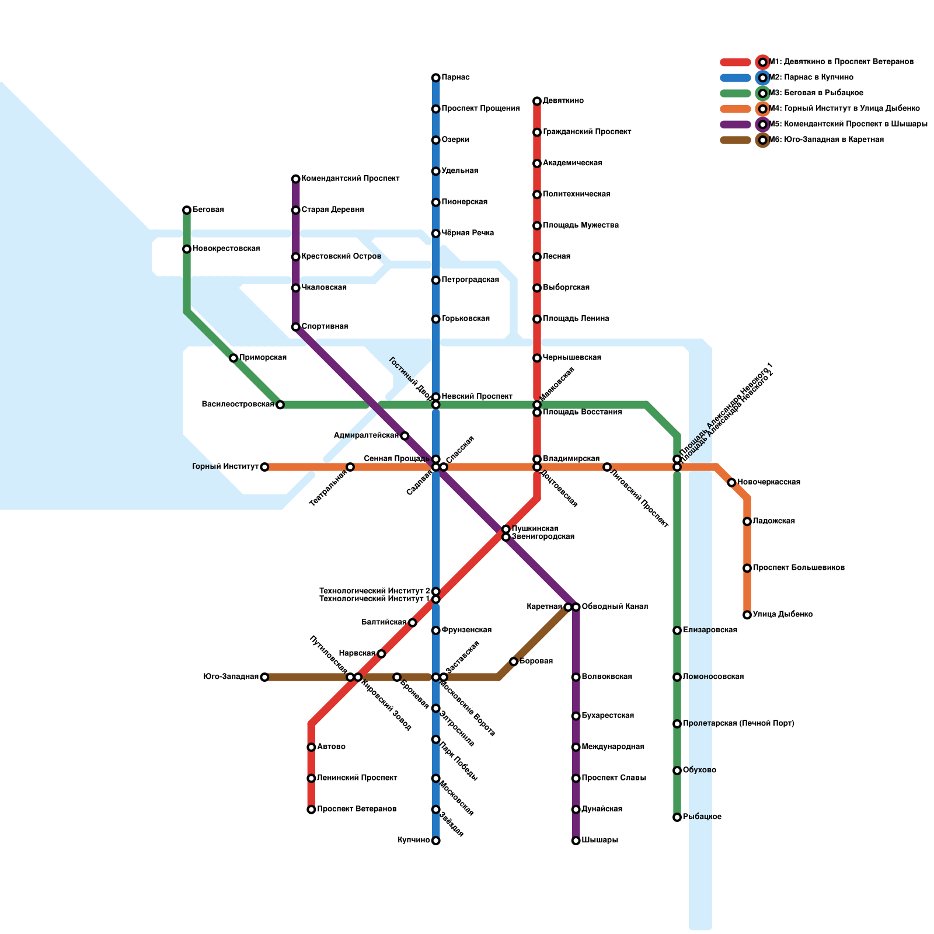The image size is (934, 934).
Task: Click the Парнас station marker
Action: [435, 78]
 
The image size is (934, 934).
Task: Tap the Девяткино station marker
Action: [536, 101]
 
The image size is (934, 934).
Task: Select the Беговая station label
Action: [208, 210]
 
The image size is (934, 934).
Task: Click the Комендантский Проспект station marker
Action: [295, 179]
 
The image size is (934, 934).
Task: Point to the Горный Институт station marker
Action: [264, 467]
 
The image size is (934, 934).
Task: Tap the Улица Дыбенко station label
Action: [783, 614]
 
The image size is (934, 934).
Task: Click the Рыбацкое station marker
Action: [677, 817]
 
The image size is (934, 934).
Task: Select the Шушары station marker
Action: [576, 841]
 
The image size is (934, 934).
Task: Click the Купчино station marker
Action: [435, 841]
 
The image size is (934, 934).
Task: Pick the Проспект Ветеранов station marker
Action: [311, 809]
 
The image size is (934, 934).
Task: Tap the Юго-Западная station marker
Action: [264, 677]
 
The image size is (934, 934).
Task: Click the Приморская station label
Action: [263, 357]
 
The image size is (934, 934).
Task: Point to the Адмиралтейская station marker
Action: [405, 435]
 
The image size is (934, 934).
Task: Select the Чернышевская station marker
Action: [536, 358]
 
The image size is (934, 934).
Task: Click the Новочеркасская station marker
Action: [731, 482]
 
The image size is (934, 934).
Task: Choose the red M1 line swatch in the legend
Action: [735, 62]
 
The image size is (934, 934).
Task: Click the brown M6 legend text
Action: [827, 140]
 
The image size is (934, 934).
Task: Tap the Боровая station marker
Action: [513, 661]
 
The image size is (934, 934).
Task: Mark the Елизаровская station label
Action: [710, 630]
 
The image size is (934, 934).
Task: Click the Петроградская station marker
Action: [435, 280]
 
